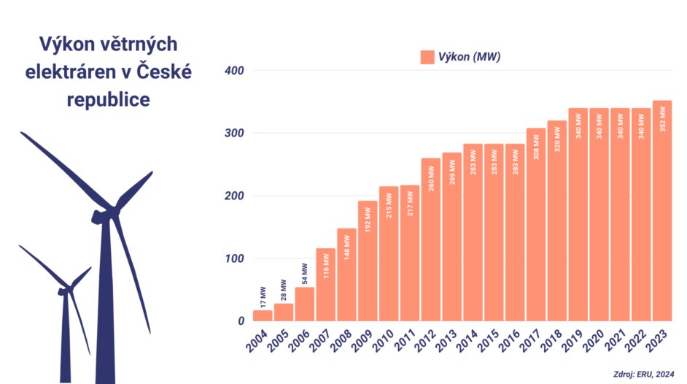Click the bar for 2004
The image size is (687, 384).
pos(263,315)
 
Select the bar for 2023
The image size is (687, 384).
pos(662,212)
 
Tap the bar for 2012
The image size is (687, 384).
pos(430,241)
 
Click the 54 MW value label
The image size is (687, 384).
pos(305,274)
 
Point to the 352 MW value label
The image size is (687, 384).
pos(662,118)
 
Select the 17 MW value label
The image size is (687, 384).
pos(263,297)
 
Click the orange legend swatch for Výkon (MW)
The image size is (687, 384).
pos(427,57)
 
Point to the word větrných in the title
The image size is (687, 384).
pos(138,45)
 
